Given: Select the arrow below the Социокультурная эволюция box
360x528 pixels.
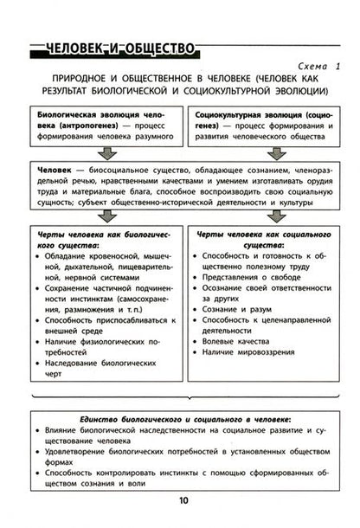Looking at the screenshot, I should coord(267,153).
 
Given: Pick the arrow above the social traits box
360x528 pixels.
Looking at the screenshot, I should coord(267,215).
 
